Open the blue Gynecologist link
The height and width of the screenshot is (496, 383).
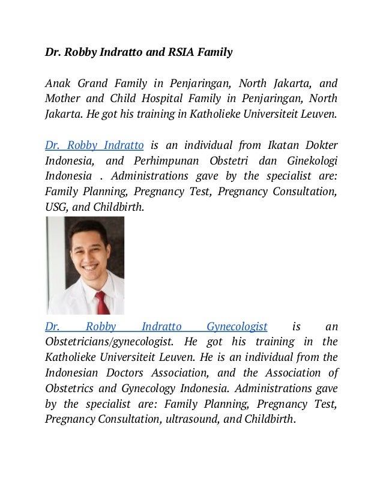237,327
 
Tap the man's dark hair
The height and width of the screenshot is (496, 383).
90,229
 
